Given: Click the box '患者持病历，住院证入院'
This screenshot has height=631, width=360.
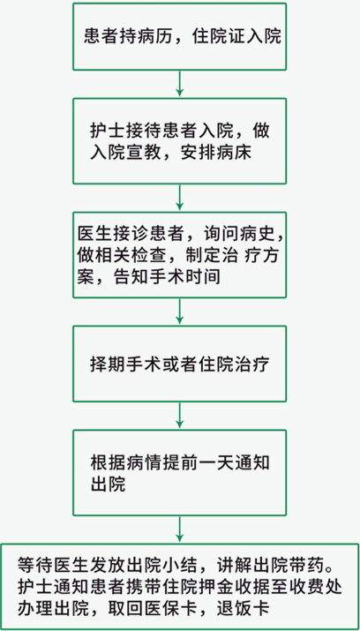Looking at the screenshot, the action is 179,36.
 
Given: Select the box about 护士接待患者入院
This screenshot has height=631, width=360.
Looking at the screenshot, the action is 179,141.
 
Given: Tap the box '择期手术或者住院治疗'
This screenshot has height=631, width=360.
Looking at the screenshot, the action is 179,364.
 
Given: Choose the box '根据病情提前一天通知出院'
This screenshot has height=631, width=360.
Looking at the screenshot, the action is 179,472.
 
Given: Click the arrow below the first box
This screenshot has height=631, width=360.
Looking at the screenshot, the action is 179,84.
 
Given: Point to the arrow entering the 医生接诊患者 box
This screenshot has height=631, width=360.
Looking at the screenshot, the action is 179,198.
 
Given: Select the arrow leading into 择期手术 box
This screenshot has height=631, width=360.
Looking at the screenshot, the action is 179,312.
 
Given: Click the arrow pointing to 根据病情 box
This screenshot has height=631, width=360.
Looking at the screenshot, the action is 179,416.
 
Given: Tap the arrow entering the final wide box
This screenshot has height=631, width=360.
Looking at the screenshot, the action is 179,530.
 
